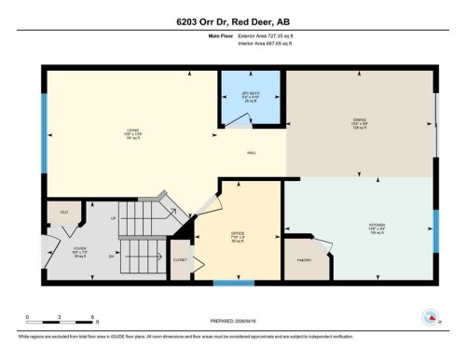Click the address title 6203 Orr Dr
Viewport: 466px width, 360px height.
pos(233,21)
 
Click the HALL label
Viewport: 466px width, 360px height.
pos(251,153)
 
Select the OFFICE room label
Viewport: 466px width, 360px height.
pos(237,233)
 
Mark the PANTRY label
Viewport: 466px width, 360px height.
pos(303,259)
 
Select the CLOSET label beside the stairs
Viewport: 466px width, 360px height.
pos(180,260)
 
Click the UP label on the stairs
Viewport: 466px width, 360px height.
pos(114,218)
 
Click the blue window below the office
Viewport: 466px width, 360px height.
pos(233,282)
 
